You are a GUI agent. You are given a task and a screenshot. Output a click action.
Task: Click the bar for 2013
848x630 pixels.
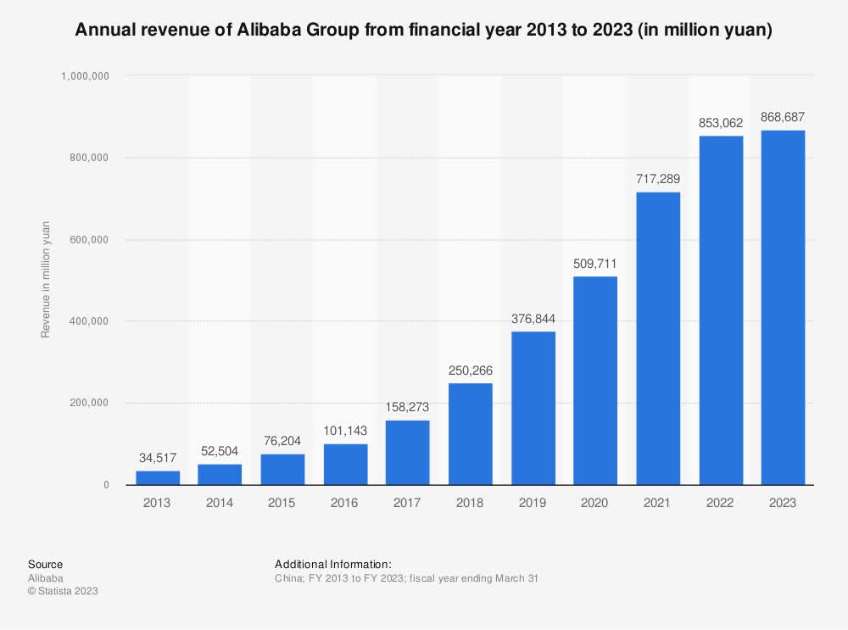pyautogui.click(x=157, y=478)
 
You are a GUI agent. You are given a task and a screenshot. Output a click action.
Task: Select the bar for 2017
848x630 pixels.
pyautogui.click(x=407, y=453)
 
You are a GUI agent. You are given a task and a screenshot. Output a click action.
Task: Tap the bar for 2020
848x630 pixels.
pyautogui.click(x=595, y=381)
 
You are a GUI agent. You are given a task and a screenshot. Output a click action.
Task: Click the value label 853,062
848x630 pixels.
pyautogui.click(x=721, y=123)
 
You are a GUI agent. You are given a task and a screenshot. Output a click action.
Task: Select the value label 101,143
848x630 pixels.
pyautogui.click(x=345, y=431)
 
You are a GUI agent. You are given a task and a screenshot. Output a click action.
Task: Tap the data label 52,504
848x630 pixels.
pyautogui.click(x=220, y=451)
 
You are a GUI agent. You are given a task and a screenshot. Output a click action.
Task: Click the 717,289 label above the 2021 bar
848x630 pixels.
pyautogui.click(x=658, y=179)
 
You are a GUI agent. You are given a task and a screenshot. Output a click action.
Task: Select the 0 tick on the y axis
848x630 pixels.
pyautogui.click(x=106, y=485)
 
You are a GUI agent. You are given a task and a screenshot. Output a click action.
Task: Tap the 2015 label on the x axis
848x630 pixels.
pyautogui.click(x=282, y=503)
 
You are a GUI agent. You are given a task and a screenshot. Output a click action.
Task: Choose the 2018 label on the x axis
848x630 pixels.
pyautogui.click(x=470, y=503)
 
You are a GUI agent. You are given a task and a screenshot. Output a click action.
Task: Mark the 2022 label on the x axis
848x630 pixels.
pyautogui.click(x=720, y=503)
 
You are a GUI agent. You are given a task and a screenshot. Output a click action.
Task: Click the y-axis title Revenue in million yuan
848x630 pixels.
pyautogui.click(x=46, y=279)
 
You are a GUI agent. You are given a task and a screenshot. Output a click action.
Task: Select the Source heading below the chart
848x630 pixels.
pyautogui.click(x=45, y=564)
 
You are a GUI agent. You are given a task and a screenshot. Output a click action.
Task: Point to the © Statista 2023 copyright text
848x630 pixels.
pyautogui.click(x=63, y=591)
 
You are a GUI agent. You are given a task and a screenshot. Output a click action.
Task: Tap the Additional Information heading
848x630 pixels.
pyautogui.click(x=333, y=564)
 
